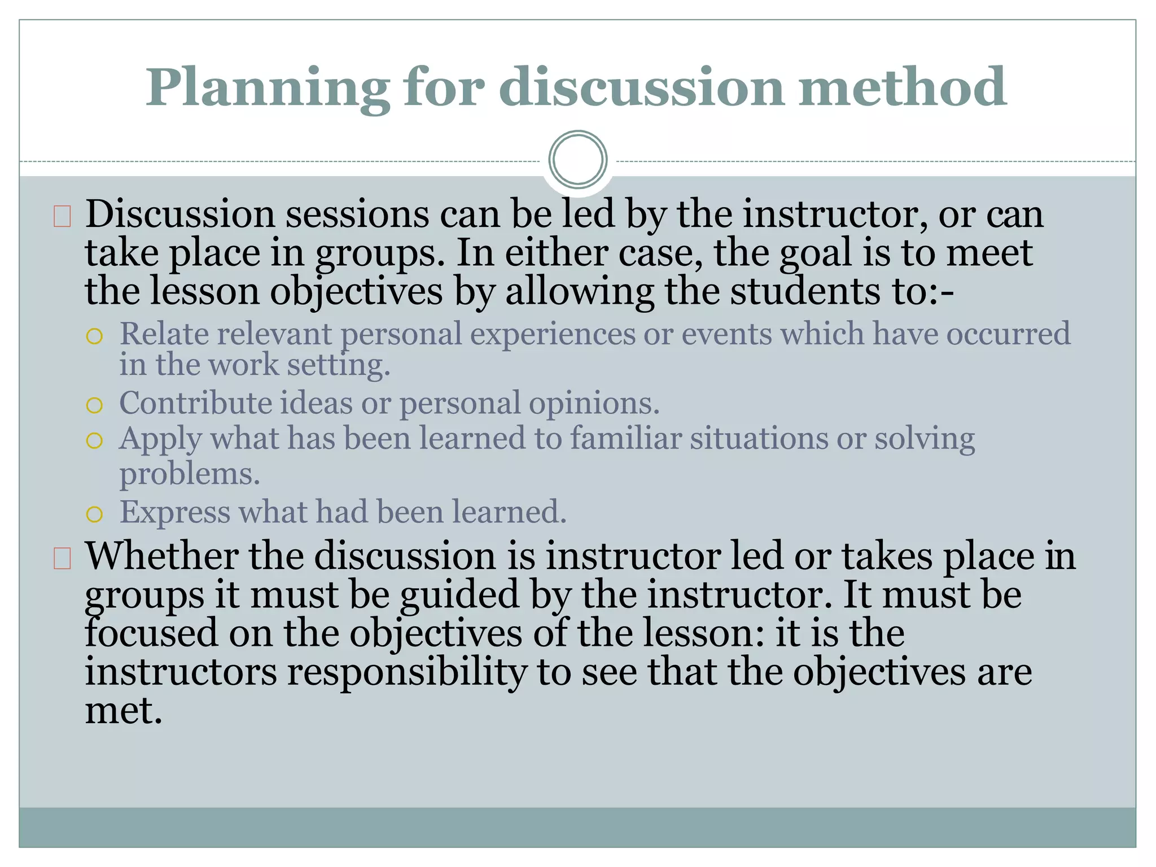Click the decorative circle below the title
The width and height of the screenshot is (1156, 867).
coord(577,159)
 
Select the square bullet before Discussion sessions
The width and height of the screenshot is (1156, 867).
coord(62,217)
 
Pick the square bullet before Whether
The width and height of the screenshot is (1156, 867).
coord(62,558)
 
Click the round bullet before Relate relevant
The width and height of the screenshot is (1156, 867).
coord(94,337)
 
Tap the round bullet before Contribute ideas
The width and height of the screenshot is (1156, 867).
coord(94,405)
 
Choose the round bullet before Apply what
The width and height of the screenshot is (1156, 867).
coord(94,440)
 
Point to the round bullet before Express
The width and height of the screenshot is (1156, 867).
coord(94,514)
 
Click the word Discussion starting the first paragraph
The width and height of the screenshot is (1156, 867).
coord(179,214)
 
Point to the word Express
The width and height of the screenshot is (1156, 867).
coord(175,512)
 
